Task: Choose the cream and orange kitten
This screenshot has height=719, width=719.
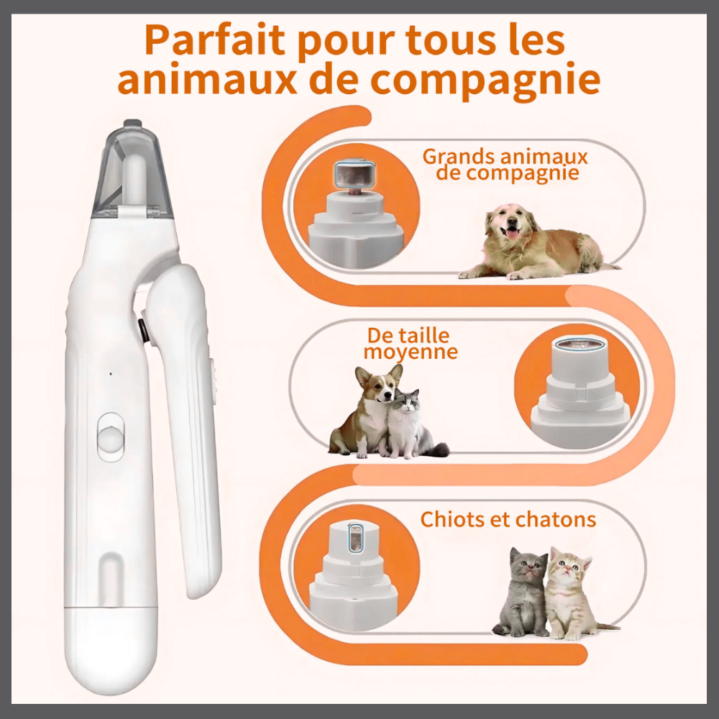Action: tap(569, 593)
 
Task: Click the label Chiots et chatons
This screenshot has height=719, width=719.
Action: tap(508, 519)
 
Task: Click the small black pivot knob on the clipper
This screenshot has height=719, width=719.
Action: tap(143, 330)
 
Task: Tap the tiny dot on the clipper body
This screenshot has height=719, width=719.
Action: tap(110, 373)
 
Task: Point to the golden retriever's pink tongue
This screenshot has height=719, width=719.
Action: tap(512, 233)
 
